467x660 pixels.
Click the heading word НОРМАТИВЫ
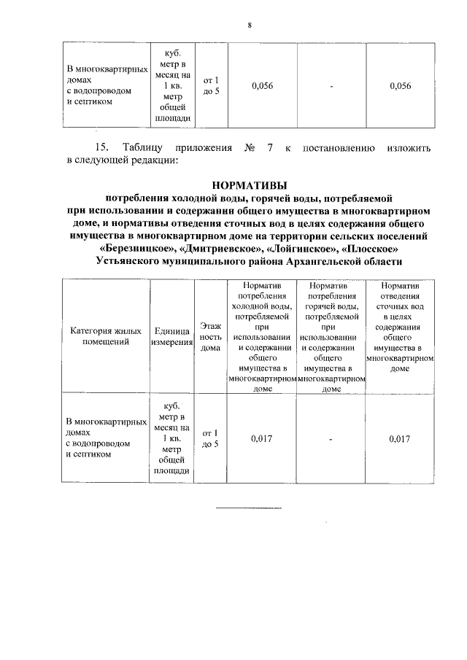[x=249, y=185]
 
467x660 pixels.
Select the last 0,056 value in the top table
[x=401, y=86]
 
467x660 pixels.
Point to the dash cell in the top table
[x=331, y=87]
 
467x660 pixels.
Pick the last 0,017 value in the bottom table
[x=401, y=438]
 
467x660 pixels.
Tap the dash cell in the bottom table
[x=331, y=440]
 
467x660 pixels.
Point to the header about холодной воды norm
[x=262, y=338]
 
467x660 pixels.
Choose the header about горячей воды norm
[x=331, y=338]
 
